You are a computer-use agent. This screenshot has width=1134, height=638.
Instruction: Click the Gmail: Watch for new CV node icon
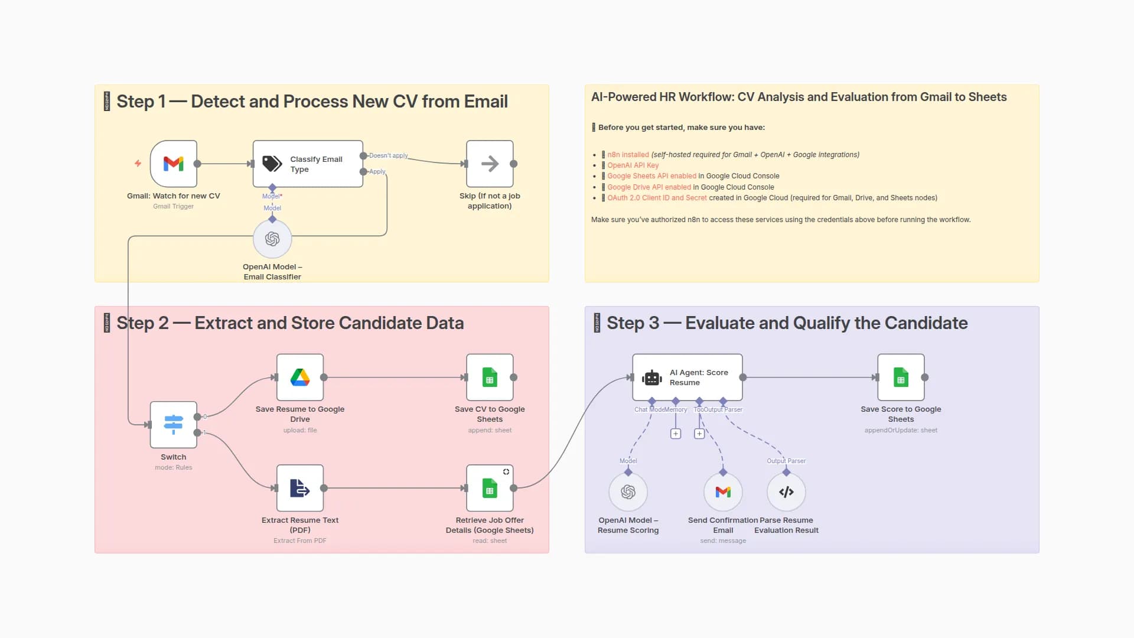(173, 164)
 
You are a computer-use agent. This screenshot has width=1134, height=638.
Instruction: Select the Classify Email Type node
(308, 164)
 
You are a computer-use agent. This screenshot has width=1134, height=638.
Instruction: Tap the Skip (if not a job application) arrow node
(490, 164)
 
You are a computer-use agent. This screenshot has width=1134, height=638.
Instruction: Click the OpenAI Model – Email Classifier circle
(272, 239)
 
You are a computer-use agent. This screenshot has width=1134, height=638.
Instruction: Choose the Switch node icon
(173, 424)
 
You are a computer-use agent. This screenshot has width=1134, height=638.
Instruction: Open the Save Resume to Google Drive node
(300, 377)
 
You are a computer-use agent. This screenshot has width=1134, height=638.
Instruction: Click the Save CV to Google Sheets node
(490, 377)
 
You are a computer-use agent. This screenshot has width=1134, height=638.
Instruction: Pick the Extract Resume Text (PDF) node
(300, 488)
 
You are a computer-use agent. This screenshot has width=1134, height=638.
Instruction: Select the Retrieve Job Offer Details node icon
(490, 488)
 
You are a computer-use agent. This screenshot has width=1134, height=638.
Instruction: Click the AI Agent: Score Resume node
(687, 377)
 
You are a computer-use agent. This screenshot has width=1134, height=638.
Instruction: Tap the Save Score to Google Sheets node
(901, 377)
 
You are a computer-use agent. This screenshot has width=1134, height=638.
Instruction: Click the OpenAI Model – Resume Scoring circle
(628, 491)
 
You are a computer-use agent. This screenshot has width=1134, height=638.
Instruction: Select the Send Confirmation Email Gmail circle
(723, 491)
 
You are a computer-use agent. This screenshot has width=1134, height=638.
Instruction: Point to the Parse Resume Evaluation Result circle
(786, 491)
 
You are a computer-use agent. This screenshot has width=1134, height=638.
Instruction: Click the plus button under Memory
(676, 434)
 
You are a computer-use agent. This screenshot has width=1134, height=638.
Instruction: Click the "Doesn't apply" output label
(388, 155)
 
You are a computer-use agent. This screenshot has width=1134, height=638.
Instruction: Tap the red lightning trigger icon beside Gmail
(138, 163)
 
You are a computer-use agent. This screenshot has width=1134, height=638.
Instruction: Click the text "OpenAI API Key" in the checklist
(633, 165)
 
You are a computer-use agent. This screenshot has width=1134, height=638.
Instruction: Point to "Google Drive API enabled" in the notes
(649, 187)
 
